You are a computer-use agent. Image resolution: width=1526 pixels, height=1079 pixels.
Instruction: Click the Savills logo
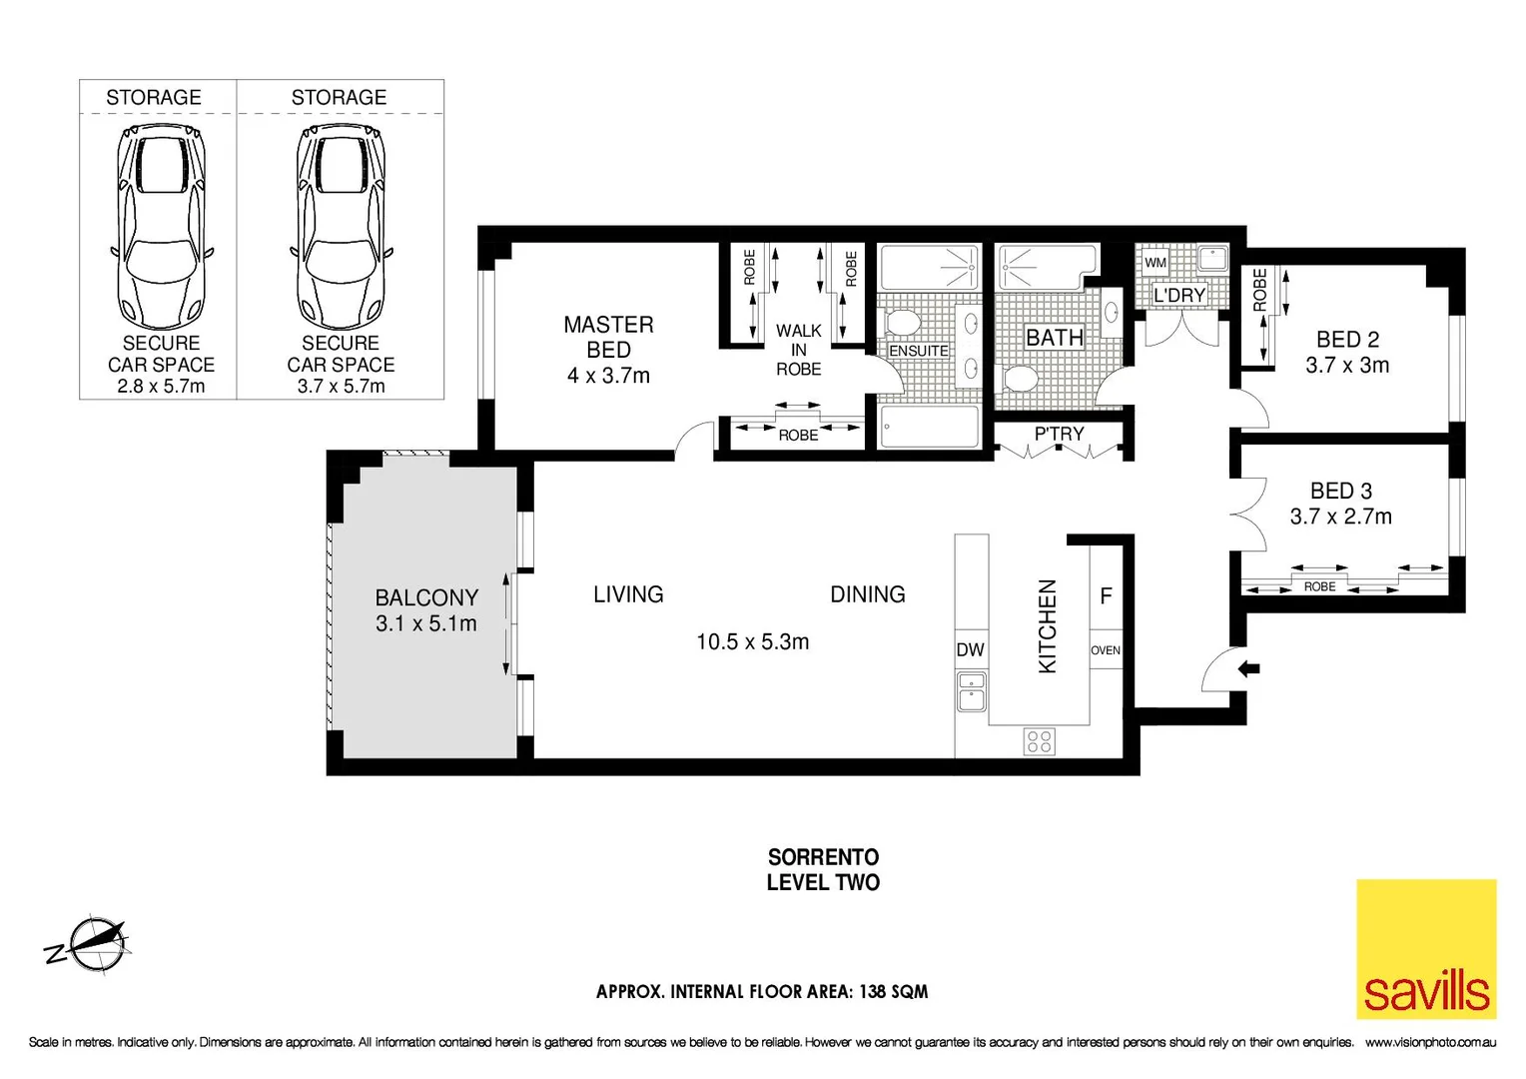[x=1426, y=949]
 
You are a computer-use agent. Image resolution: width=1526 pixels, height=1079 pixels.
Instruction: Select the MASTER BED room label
[x=608, y=337]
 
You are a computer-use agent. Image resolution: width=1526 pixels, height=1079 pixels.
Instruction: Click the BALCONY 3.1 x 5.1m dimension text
[x=426, y=623]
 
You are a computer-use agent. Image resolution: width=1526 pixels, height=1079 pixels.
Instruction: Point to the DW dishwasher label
[x=970, y=649]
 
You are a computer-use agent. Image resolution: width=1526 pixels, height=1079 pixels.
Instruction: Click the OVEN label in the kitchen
[x=1106, y=650]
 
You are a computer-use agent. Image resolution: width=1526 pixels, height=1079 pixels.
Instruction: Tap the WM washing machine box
[x=1155, y=263]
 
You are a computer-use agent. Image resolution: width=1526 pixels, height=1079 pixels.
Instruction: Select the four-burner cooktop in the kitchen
[x=1039, y=741]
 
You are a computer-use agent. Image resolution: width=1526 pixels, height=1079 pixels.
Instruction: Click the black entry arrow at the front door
[x=1248, y=668]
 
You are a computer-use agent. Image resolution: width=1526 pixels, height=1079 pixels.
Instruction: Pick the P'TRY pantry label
[x=1059, y=434]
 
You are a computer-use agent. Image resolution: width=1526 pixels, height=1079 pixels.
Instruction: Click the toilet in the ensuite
[x=905, y=323]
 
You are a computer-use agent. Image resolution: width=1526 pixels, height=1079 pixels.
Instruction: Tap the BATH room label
[x=1055, y=338]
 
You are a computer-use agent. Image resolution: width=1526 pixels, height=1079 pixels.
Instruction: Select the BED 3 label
[x=1341, y=491]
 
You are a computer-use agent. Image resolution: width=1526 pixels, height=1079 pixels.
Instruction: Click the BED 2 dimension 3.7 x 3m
[x=1347, y=366]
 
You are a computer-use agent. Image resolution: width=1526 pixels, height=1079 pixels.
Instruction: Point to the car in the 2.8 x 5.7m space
[x=161, y=225]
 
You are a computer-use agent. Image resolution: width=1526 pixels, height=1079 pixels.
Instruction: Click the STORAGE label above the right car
[x=339, y=97]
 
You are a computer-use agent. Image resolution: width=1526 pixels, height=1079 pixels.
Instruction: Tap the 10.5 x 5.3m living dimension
[x=752, y=641]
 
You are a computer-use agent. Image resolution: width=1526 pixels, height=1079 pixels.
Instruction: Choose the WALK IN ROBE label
[x=799, y=350]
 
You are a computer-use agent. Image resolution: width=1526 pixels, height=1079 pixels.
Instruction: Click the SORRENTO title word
[x=823, y=857]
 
